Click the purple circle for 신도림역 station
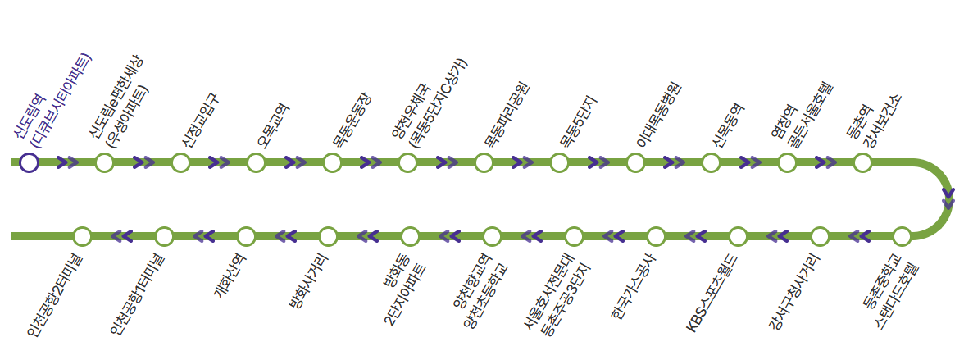click(x=29, y=162)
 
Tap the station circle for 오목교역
click(x=256, y=162)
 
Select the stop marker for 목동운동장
click(x=332, y=162)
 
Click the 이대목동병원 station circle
click(x=635, y=162)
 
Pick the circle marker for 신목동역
click(x=711, y=162)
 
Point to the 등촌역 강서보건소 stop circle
click(x=862, y=162)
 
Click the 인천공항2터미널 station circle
click(x=82, y=237)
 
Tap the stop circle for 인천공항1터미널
click(x=164, y=237)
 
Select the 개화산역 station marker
click(x=246, y=237)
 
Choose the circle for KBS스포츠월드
click(x=738, y=237)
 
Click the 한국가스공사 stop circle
click(x=656, y=237)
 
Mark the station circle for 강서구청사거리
click(x=820, y=237)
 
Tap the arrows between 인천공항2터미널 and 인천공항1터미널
click(x=122, y=237)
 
